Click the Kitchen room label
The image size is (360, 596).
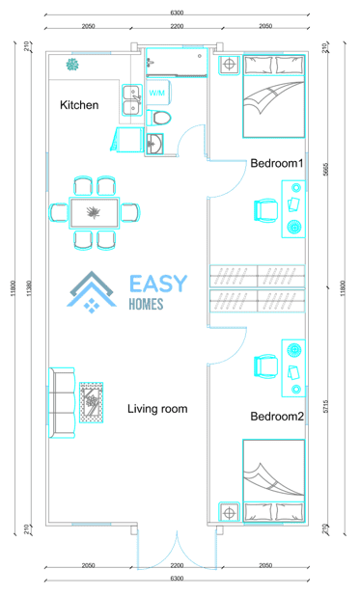(79, 105)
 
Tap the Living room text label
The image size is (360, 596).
(157, 409)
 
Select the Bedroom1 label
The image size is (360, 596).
(277, 163)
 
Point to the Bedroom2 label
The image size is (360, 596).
(277, 417)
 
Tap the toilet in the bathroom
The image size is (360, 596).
(159, 118)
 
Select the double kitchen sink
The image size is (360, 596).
(132, 100)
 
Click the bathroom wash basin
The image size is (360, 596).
(154, 144)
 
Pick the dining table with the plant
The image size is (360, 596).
(94, 213)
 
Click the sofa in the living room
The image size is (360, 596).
(62, 402)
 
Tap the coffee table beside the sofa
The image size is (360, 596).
(92, 402)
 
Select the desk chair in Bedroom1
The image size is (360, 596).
(265, 209)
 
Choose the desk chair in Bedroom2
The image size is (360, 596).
(265, 366)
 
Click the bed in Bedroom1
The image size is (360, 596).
(274, 96)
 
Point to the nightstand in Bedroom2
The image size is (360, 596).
(229, 513)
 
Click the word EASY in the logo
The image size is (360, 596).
(158, 284)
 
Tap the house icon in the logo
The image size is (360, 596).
(92, 292)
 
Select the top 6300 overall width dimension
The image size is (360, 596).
(177, 13)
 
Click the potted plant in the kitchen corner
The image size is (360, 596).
(72, 65)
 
